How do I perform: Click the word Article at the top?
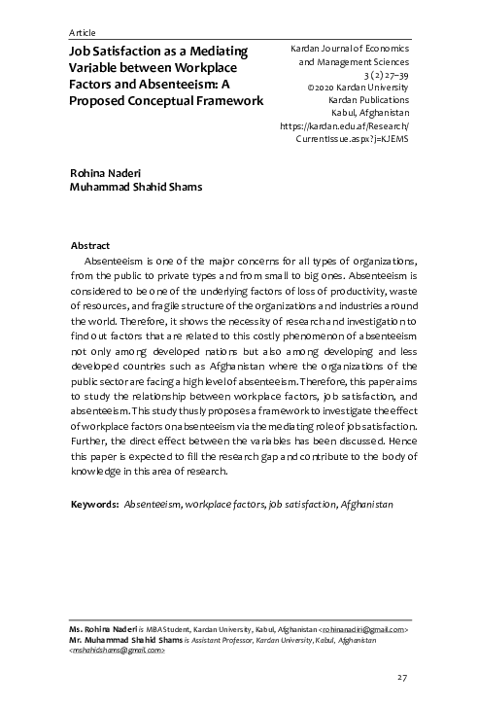coord(84,32)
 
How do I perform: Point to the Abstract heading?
coord(91,246)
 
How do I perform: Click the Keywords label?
coord(95,507)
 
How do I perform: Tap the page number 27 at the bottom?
coord(401,677)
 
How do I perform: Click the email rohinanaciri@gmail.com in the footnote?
coord(364,630)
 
